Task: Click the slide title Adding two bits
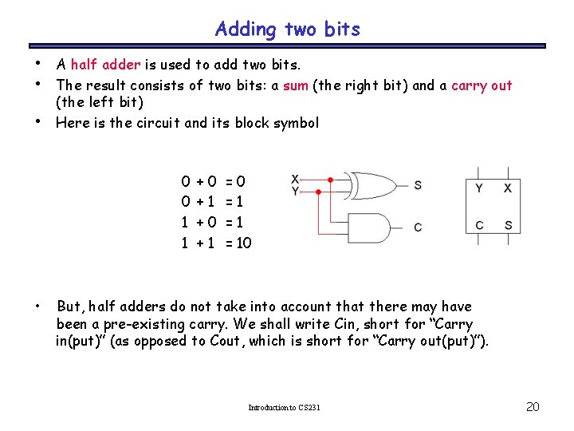point(287,30)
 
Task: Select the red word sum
point(295,85)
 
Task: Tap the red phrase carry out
point(482,85)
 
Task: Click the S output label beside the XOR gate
point(419,185)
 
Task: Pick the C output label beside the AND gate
point(419,227)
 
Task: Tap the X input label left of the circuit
point(295,179)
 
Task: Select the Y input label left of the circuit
point(295,191)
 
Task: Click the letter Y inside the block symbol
point(479,188)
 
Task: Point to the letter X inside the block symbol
point(508,188)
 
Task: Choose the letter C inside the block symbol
point(479,225)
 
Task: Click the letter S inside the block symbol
point(508,225)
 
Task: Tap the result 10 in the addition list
point(243,243)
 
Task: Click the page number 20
point(533,407)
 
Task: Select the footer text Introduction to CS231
point(284,408)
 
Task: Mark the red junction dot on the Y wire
point(319,192)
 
